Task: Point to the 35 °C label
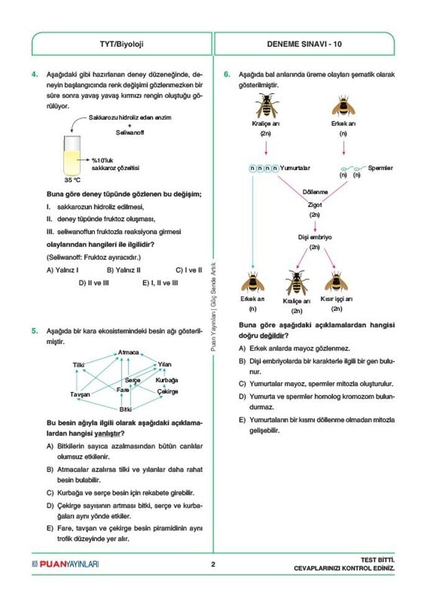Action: tap(73, 181)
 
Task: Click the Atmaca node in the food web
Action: tap(128, 352)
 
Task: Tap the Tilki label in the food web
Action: tap(78, 365)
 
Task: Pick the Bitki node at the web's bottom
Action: tap(126, 409)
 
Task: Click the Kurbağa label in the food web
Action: tap(167, 380)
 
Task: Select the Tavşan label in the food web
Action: tap(80, 395)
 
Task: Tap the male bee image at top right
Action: tap(343, 106)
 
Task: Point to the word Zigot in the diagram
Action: tap(315, 205)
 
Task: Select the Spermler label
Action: tap(380, 168)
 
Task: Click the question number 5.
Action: tap(35, 331)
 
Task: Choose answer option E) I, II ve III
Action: tap(160, 282)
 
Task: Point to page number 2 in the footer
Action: tap(213, 565)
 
